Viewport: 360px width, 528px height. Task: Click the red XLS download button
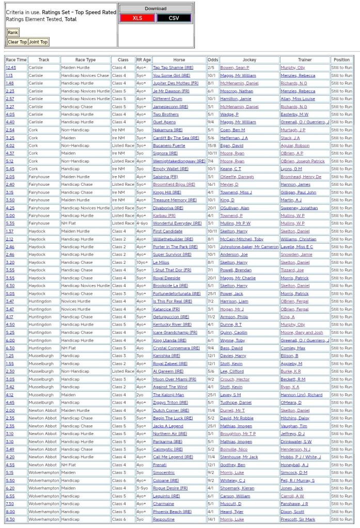tap(137, 18)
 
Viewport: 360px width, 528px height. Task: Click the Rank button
tap(12, 33)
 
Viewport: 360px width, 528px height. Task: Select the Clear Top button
tap(17, 42)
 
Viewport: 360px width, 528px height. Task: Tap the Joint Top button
tap(38, 42)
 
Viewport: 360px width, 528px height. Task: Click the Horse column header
tap(179, 60)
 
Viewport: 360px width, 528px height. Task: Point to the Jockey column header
tap(249, 60)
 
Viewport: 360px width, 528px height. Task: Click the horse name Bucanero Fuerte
tap(169, 146)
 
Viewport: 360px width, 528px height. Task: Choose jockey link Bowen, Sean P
tap(234, 68)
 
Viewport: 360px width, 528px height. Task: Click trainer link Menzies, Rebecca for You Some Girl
tap(298, 75)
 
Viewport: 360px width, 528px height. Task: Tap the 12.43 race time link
tap(10, 68)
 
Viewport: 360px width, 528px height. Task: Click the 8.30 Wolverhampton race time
tap(10, 519)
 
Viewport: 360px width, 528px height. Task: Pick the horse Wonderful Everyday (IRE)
tap(177, 223)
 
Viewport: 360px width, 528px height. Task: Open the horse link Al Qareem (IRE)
tap(168, 371)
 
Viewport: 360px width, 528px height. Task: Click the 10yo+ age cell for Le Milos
tap(143, 262)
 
